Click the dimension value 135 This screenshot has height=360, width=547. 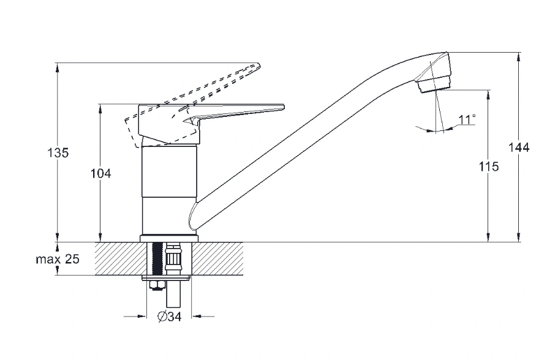pyautogui.click(x=58, y=152)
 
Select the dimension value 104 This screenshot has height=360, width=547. pyautogui.click(x=101, y=173)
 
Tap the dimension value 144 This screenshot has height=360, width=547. pyautogui.click(x=518, y=148)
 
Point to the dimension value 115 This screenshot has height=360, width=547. pyautogui.click(x=488, y=167)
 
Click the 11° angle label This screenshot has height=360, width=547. pyautogui.click(x=467, y=119)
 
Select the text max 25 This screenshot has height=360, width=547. pyautogui.click(x=58, y=259)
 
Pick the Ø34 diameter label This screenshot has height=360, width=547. pyautogui.click(x=170, y=317)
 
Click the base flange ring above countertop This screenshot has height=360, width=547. pyautogui.click(x=169, y=239)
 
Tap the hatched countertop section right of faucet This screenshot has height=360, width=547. pyautogui.click(x=217, y=258)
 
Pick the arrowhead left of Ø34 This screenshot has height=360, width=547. pyautogui.click(x=142, y=317)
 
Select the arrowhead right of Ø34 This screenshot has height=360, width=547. pyautogui.click(x=195, y=317)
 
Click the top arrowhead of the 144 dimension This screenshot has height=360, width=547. pyautogui.click(x=519, y=57)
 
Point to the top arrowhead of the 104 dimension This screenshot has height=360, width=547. pyautogui.click(x=100, y=108)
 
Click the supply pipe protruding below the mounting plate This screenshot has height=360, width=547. pyautogui.click(x=173, y=293)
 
